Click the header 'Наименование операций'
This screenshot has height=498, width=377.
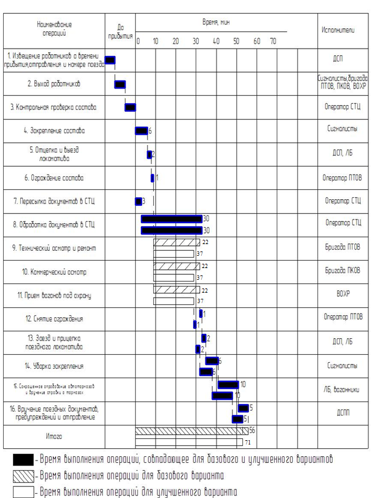click(54, 28)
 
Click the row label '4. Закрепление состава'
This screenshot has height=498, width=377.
click(54, 130)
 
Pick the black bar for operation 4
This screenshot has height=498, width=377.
click(141, 130)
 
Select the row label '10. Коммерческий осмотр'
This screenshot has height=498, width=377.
click(54, 272)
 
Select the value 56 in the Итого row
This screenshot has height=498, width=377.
click(252, 431)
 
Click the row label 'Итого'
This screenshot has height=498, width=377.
click(54, 437)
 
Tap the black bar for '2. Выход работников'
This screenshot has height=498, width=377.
click(121, 84)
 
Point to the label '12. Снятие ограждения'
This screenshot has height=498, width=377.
click(54, 318)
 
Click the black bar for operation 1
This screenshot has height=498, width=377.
click(110, 60)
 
